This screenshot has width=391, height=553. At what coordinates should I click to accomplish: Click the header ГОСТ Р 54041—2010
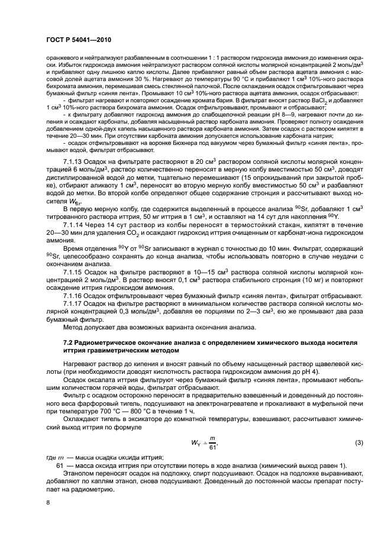coord(79,39)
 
